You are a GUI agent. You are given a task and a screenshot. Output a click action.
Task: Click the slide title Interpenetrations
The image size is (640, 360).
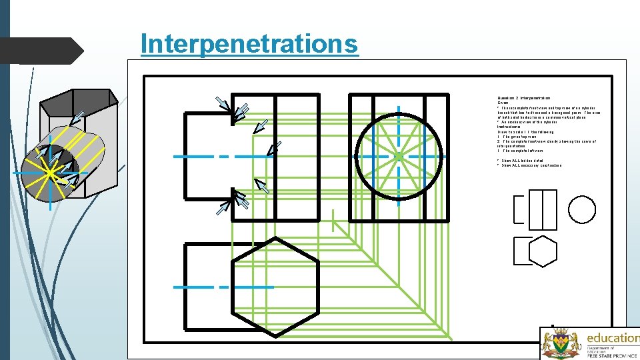249,44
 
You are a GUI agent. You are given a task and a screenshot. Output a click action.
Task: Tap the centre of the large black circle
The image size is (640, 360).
397,157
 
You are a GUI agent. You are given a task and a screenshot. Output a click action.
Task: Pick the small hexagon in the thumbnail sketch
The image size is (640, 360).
542,251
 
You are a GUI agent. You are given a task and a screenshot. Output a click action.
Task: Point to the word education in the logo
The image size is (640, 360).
611,338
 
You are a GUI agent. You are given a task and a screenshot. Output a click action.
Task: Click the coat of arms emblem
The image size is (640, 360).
559,344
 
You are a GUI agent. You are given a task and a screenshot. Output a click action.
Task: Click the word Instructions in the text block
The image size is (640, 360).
511,127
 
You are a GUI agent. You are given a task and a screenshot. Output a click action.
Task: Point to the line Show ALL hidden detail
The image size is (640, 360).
521,161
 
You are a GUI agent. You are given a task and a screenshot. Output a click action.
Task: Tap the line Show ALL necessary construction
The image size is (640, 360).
531,165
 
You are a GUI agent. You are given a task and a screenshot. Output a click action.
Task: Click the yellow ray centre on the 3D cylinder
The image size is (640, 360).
51,173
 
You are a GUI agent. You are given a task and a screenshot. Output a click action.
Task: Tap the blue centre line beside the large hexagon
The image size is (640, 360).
223,287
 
